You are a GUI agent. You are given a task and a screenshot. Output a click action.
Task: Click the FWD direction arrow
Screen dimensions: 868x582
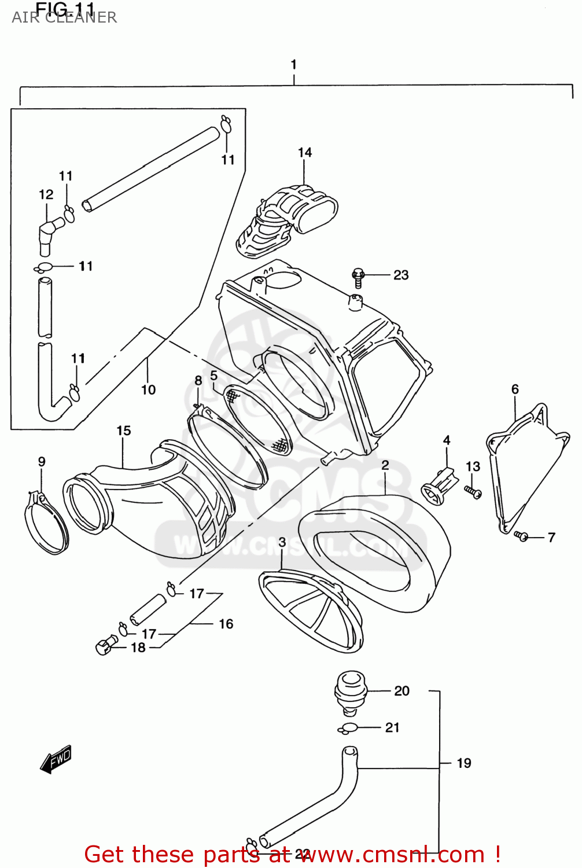pyautogui.click(x=56, y=759)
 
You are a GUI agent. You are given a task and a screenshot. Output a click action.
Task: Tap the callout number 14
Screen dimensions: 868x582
pyautogui.click(x=305, y=152)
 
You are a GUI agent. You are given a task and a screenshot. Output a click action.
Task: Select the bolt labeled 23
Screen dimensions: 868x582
pyautogui.click(x=358, y=277)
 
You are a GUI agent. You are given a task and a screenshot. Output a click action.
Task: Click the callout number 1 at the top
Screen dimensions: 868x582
pyautogui.click(x=294, y=64)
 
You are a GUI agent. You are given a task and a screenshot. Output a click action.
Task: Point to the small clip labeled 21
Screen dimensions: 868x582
pyautogui.click(x=349, y=729)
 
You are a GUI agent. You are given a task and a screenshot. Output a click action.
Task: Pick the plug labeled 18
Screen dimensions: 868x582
pyautogui.click(x=105, y=645)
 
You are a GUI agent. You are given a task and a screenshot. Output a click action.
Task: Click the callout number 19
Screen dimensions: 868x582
pyautogui.click(x=464, y=763)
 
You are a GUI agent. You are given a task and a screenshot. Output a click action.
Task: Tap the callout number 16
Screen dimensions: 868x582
pyautogui.click(x=226, y=624)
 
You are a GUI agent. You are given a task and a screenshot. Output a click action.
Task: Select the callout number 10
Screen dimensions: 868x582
pyautogui.click(x=149, y=390)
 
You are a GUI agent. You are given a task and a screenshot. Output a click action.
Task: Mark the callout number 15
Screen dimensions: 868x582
pyautogui.click(x=124, y=431)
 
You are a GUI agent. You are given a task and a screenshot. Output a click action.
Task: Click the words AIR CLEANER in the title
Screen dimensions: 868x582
pyautogui.click(x=64, y=18)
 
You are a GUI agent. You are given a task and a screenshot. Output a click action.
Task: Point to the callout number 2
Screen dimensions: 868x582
pyautogui.click(x=385, y=465)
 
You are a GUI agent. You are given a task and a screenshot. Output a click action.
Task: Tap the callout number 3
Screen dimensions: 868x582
pyautogui.click(x=282, y=543)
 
